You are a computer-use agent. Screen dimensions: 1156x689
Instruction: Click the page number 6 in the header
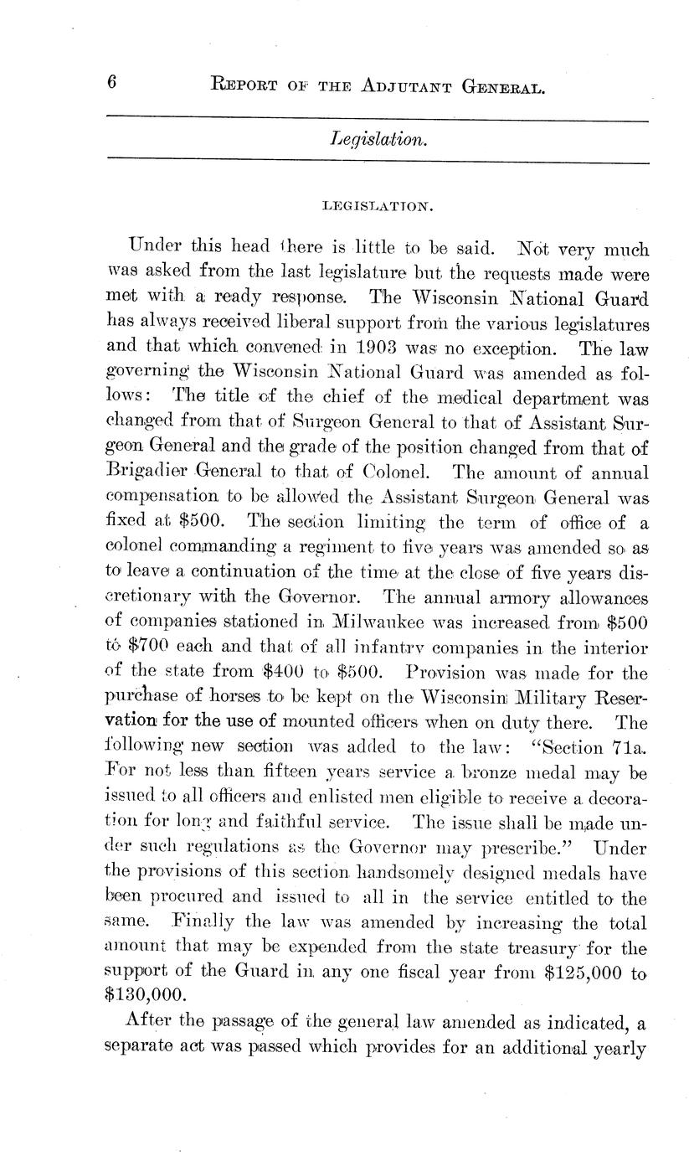(x=111, y=82)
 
